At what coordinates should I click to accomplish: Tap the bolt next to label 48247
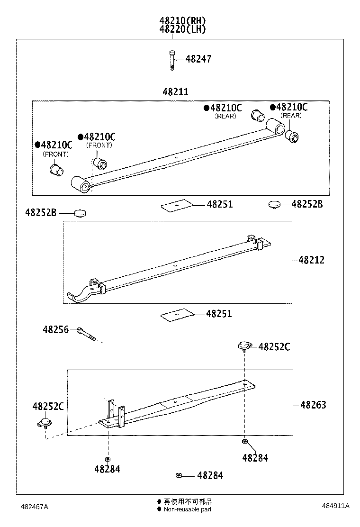[171, 60]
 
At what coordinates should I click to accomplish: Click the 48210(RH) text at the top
[182, 21]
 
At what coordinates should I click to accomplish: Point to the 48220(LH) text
[182, 29]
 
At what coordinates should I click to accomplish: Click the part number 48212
[312, 260]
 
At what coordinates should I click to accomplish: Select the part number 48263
[313, 405]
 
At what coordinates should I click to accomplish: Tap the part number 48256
[55, 329]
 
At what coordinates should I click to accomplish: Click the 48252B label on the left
[41, 213]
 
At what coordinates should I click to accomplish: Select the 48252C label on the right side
[274, 347]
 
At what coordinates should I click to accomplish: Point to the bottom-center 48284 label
[210, 475]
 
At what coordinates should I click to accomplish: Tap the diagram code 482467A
[34, 507]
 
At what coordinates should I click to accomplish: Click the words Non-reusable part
[188, 509]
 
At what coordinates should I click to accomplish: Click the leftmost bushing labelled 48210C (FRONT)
[57, 169]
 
